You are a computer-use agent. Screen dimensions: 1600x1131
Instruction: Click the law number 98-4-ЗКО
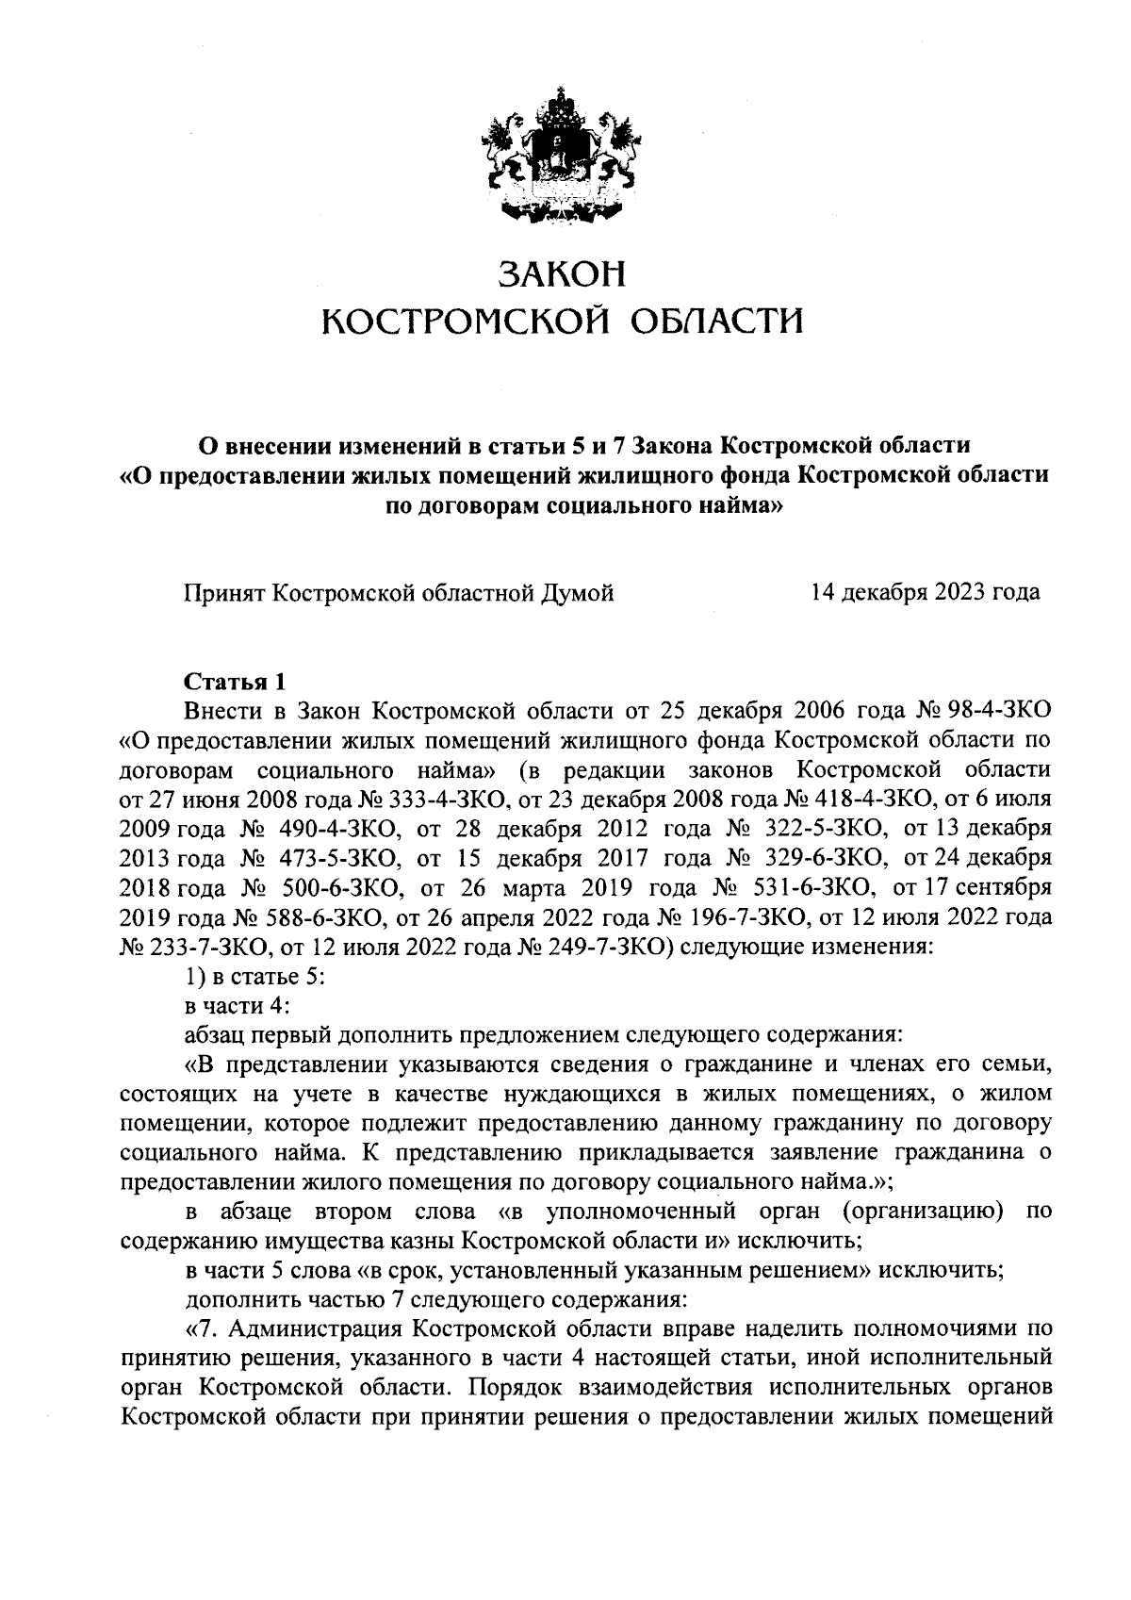tap(992, 709)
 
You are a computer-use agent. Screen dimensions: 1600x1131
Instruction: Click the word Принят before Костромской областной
tap(224, 593)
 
